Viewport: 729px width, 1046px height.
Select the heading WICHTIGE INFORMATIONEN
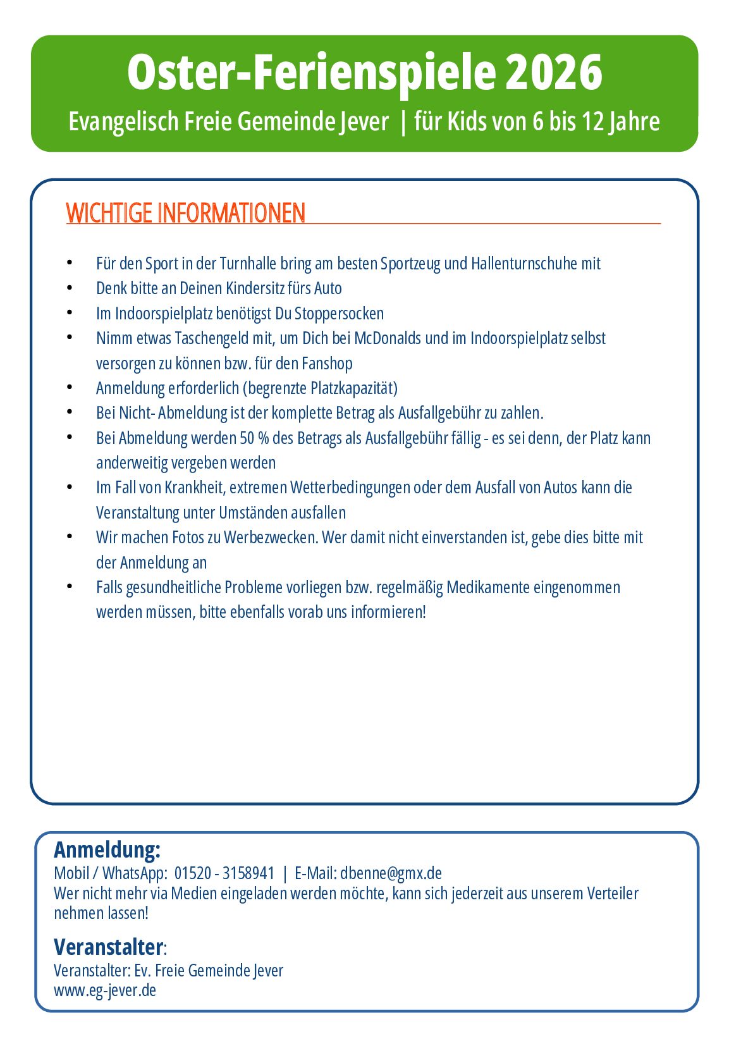pos(186,213)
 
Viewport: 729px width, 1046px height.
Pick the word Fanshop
pos(327,364)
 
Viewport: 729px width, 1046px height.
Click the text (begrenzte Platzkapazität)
pos(320,388)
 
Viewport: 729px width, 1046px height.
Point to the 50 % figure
pos(254,438)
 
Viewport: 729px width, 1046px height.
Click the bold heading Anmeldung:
pos(107,849)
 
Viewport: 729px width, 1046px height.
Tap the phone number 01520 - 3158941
pos(224,873)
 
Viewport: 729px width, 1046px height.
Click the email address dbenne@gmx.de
pos(391,873)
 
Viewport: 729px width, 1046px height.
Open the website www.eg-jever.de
pos(105,990)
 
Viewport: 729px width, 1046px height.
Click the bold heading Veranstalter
pos(109,947)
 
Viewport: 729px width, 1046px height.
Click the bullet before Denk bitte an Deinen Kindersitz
pos(70,288)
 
